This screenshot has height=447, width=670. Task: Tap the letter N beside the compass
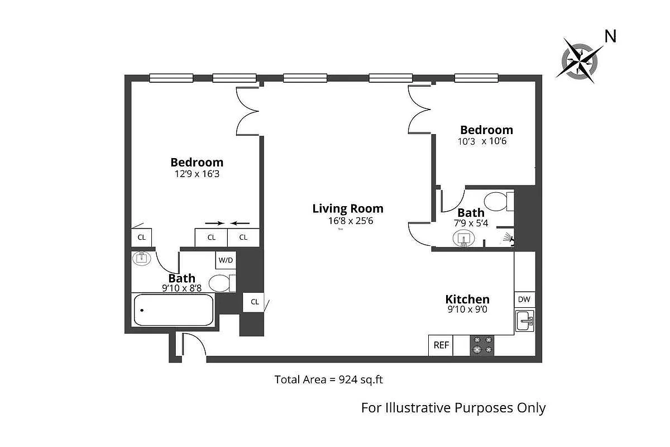click(x=611, y=36)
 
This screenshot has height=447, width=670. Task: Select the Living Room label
click(x=348, y=208)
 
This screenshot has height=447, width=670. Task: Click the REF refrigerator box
click(x=441, y=345)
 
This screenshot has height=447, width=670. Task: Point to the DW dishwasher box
click(x=524, y=299)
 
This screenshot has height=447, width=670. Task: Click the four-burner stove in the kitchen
click(x=482, y=345)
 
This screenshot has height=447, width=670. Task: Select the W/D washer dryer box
click(x=226, y=260)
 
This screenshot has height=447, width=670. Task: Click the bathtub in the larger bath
click(x=174, y=310)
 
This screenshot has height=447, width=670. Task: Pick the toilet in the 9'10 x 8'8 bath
click(x=222, y=283)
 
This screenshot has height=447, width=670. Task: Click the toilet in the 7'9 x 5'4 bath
click(x=497, y=201)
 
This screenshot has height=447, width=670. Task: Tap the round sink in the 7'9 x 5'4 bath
click(x=463, y=239)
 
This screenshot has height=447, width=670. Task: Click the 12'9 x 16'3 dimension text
click(x=197, y=174)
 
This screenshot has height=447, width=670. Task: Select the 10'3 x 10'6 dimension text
click(x=482, y=141)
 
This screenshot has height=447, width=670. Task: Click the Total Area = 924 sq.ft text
click(x=328, y=380)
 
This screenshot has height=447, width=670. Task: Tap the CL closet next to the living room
click(x=255, y=302)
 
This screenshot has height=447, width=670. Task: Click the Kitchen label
click(x=467, y=299)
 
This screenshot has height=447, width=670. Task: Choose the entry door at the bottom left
click(x=193, y=345)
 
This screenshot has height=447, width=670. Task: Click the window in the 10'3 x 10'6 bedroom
click(x=476, y=78)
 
